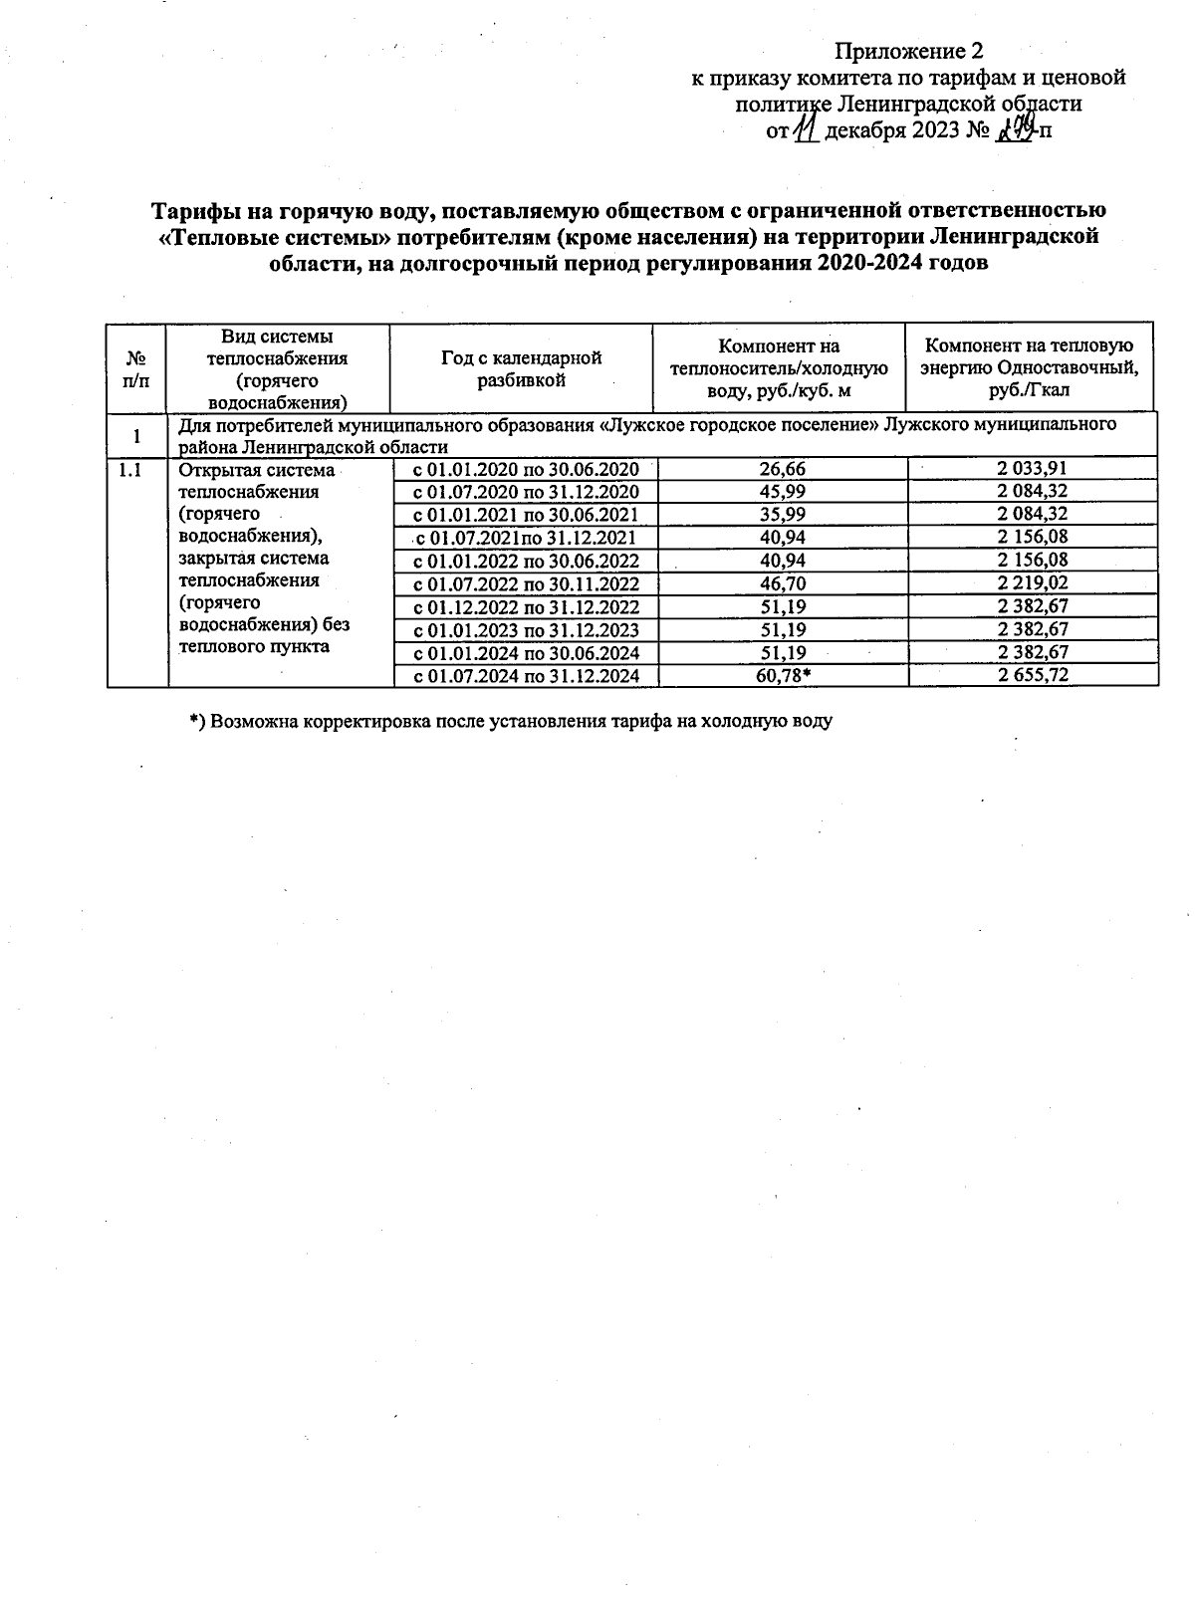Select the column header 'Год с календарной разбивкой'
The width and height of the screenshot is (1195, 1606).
click(x=521, y=368)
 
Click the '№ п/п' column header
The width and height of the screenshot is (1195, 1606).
click(x=137, y=368)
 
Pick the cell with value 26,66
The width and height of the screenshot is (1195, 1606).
click(x=783, y=469)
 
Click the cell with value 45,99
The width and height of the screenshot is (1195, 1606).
click(x=783, y=492)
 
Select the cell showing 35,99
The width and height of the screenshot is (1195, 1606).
click(x=783, y=515)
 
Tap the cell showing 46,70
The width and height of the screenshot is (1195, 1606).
click(x=783, y=583)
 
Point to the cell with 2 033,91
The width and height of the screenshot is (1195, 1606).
click(x=1034, y=469)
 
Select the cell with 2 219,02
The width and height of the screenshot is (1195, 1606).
click(x=1034, y=583)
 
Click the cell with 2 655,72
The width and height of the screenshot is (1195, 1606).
click(x=1034, y=676)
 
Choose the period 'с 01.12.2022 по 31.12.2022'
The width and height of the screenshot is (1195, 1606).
click(x=526, y=607)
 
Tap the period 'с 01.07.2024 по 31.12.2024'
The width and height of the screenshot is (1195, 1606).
click(x=526, y=676)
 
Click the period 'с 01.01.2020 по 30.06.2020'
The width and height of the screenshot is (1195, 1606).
click(x=526, y=469)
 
